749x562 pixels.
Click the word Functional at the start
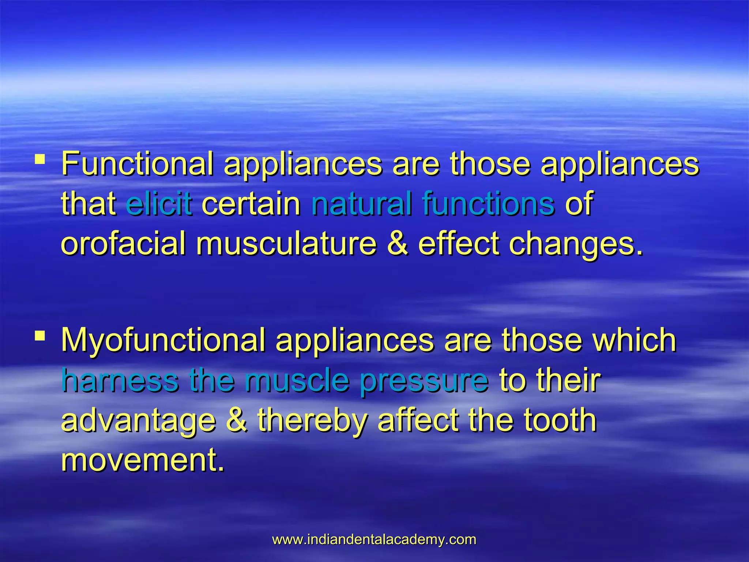point(137,164)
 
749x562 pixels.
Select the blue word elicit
point(159,203)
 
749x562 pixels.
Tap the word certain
point(251,203)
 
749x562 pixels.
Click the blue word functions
point(488,203)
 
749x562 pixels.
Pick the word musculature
point(286,244)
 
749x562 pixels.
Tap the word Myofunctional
point(163,340)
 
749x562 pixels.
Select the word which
point(634,340)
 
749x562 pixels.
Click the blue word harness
point(120,381)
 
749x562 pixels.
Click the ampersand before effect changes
point(397,244)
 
